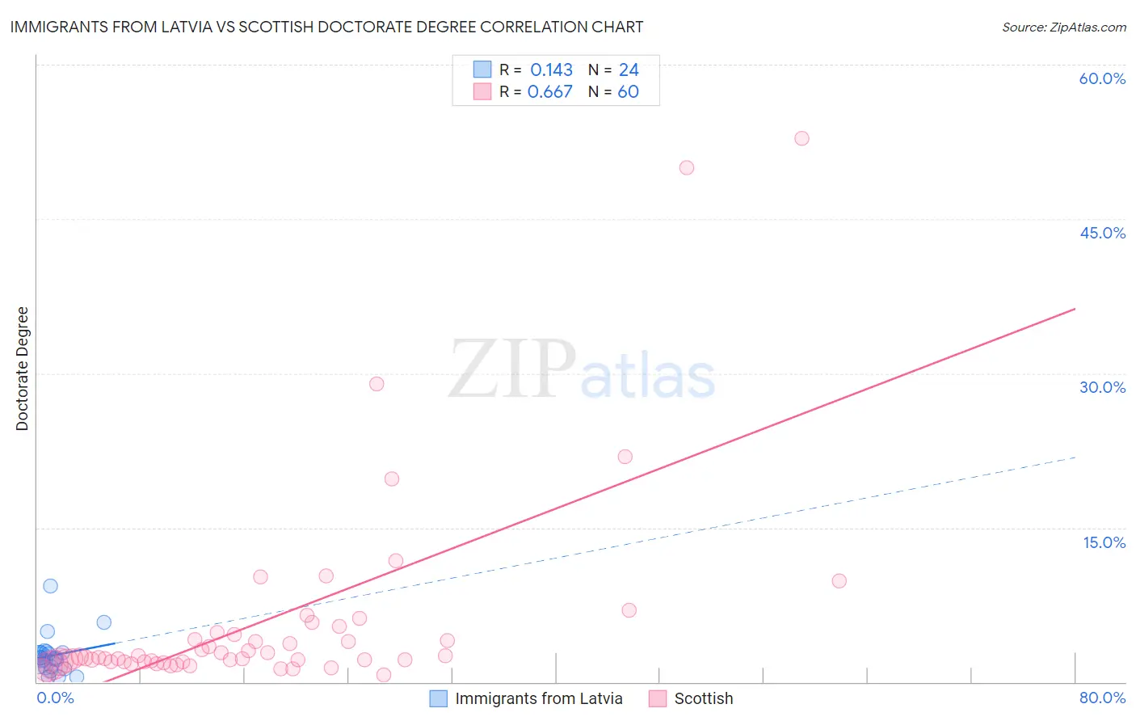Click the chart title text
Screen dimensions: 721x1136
326,27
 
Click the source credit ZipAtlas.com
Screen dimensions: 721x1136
1063,27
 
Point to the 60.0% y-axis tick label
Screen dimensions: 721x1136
1102,78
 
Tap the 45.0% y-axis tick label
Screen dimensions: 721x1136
1102,233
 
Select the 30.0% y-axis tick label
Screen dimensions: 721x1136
1102,387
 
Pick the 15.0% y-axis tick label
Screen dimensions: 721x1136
1104,542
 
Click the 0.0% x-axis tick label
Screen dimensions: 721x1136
55,698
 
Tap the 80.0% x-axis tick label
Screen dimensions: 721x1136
1102,698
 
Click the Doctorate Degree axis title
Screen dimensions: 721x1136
22,369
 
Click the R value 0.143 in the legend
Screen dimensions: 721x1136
551,70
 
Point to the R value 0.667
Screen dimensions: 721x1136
549,92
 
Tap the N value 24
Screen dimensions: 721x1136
629,70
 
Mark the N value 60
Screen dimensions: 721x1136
628,92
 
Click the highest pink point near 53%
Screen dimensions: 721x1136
802,138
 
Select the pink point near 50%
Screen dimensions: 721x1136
687,168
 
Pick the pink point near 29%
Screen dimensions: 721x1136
377,384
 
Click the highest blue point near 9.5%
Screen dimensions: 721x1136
50,586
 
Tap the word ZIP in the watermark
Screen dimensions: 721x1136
512,370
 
